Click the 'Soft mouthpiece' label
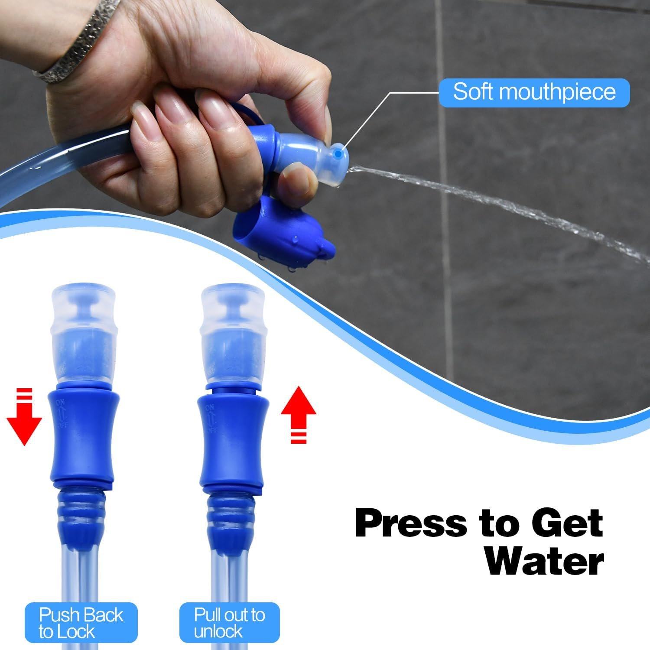pyautogui.click(x=534, y=92)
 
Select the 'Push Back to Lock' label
pyautogui.click(x=81, y=623)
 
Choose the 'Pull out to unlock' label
pyautogui.click(x=229, y=623)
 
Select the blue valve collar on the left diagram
pyautogui.click(x=82, y=435)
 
